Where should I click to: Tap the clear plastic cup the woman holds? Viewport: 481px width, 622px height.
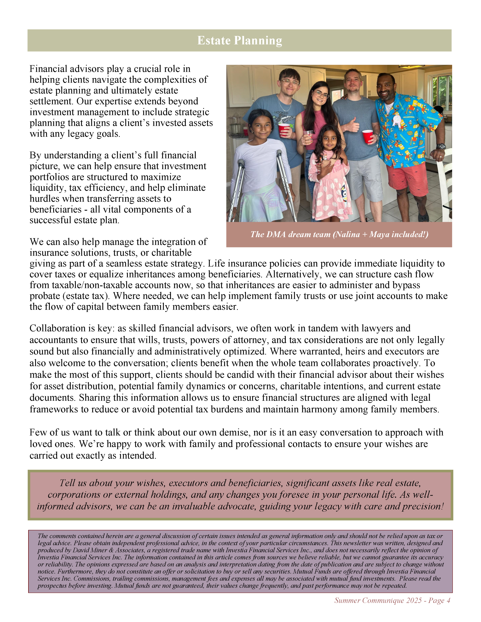[308, 136]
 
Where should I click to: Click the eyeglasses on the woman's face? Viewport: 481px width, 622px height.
[321, 94]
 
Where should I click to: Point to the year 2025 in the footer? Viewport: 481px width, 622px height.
[414, 600]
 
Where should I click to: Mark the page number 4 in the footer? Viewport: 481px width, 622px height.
[448, 600]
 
